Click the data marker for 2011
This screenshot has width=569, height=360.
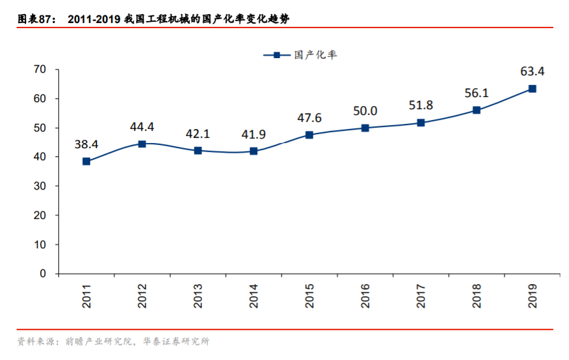coord(86,161)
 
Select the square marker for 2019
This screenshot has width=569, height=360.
coord(532,89)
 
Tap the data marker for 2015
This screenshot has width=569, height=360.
coord(309,135)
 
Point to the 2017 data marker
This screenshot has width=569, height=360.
coord(421,123)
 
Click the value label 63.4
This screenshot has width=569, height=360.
coord(532,71)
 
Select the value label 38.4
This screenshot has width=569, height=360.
coord(86,144)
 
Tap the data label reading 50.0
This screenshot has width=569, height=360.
coord(365,111)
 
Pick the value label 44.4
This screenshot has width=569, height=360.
coord(142,126)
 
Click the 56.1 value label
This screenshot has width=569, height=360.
coord(476,93)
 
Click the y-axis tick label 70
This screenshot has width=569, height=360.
coord(40,70)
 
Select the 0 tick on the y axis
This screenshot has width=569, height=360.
coord(43,274)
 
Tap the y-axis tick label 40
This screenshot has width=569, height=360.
coord(40,157)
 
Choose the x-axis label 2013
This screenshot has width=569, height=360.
coord(198,296)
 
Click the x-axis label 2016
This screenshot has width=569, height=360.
coord(365,296)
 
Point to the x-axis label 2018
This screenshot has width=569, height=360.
coord(476,296)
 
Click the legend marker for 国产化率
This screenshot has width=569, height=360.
coord(277,55)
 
